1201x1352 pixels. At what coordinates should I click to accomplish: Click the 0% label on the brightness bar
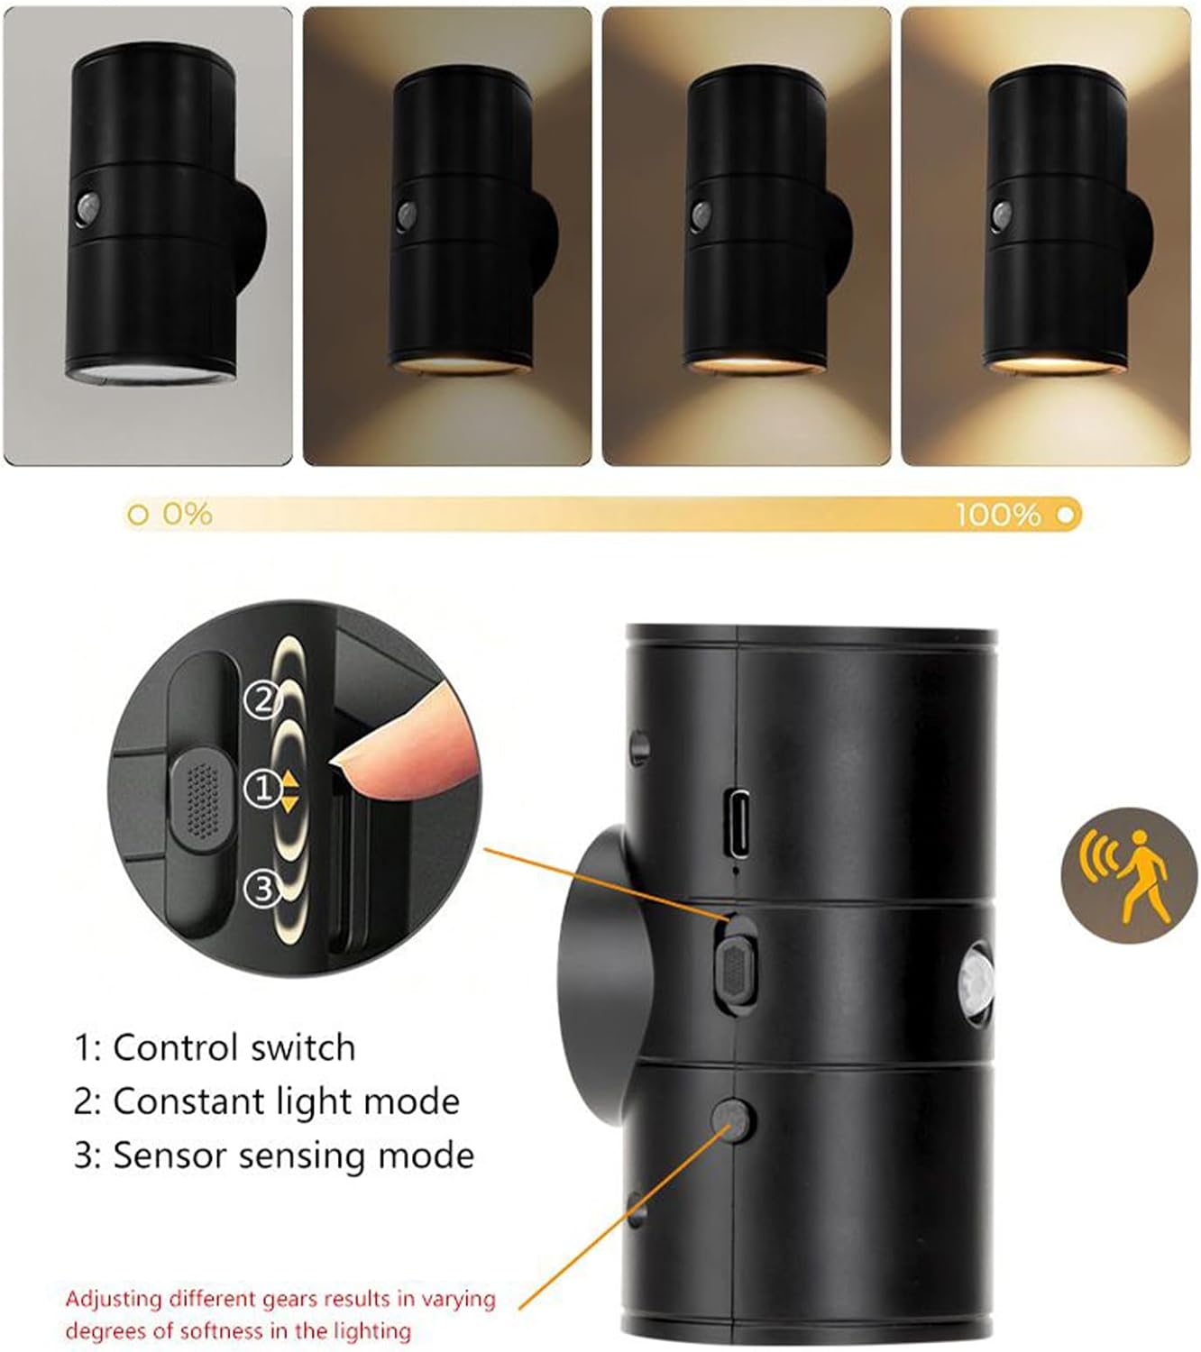(187, 515)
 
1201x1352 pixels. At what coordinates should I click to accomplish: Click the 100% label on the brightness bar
(998, 516)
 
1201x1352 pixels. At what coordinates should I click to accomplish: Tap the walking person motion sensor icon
(1130, 876)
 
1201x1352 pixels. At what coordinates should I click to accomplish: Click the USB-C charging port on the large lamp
(739, 822)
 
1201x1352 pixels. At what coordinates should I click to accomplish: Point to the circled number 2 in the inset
(262, 699)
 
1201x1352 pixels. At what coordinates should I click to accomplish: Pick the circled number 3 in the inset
(261, 890)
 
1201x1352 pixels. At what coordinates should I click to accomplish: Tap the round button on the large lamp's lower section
(734, 1119)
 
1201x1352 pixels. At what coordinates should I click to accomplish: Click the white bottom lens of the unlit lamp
(150, 371)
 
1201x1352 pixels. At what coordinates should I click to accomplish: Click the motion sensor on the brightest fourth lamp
(1002, 213)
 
